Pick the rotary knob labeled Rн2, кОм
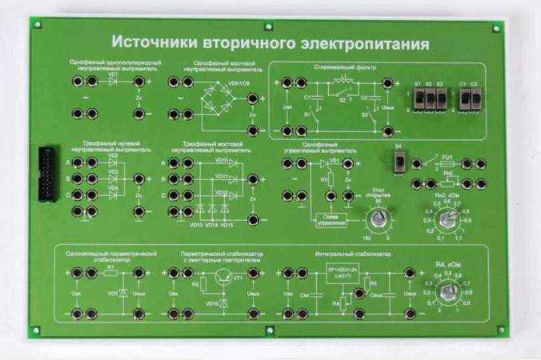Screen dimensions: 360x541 (x=449, y=217)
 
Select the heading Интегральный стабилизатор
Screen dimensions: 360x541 (x=353, y=255)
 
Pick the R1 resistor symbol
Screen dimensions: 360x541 (x=111, y=273)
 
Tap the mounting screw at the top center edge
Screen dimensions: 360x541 (x=268, y=27)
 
